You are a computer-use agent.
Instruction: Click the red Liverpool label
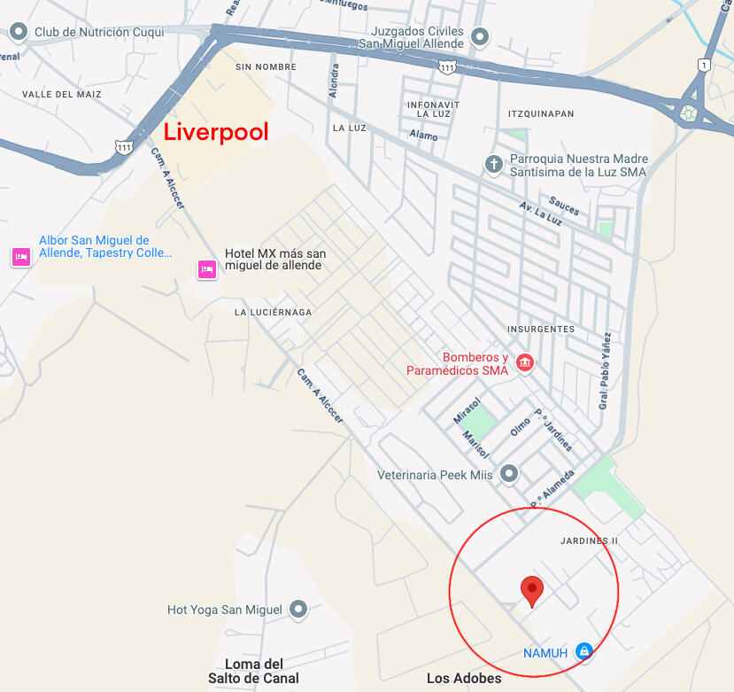[x=216, y=132]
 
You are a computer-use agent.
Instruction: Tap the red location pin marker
[x=531, y=589]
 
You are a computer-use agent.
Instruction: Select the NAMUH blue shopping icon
[x=583, y=652]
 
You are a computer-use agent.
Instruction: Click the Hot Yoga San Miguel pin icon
[x=298, y=609]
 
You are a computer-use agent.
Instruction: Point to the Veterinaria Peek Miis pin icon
[x=509, y=475]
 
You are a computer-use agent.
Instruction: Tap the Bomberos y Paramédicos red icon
[x=524, y=362]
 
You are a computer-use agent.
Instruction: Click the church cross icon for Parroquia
[x=494, y=164]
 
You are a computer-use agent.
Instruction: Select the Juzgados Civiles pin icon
[x=480, y=36]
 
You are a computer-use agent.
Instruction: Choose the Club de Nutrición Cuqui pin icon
[x=19, y=33]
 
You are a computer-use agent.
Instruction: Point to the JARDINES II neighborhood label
[x=589, y=540]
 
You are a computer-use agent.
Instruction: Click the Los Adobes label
[x=464, y=679]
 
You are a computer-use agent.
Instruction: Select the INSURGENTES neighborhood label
[x=541, y=329]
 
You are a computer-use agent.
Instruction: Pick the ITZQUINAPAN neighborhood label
[x=542, y=114]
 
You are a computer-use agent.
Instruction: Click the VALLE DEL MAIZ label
[x=62, y=94]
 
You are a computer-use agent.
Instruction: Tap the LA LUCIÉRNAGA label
[x=273, y=313]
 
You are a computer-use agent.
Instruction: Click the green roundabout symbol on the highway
[x=688, y=113]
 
